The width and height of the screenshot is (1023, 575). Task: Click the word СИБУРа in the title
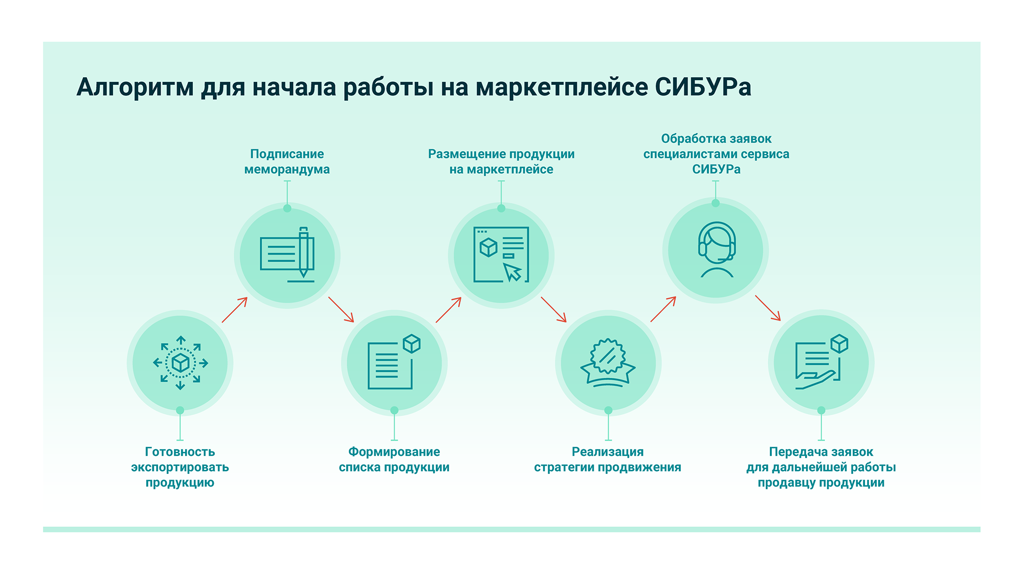click(703, 87)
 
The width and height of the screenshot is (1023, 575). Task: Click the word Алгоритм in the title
click(135, 87)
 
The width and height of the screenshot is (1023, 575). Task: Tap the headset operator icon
click(716, 250)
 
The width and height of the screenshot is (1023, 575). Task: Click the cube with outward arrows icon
click(180, 363)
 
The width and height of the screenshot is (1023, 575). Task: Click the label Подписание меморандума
click(287, 162)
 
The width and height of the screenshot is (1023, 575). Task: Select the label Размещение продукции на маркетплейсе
click(501, 162)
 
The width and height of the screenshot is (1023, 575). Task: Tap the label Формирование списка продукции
click(394, 459)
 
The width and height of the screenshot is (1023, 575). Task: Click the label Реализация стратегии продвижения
click(608, 459)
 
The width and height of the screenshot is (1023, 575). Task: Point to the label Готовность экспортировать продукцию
click(180, 467)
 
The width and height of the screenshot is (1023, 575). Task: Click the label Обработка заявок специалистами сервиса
click(716, 154)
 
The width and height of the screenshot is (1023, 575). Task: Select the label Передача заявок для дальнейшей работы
click(821, 467)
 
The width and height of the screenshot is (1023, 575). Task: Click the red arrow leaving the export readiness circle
click(235, 310)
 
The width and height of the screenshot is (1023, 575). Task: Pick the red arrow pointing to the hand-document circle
click(768, 308)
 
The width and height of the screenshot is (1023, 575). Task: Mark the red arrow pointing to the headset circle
click(663, 309)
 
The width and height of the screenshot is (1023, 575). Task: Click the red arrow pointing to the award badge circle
click(553, 309)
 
